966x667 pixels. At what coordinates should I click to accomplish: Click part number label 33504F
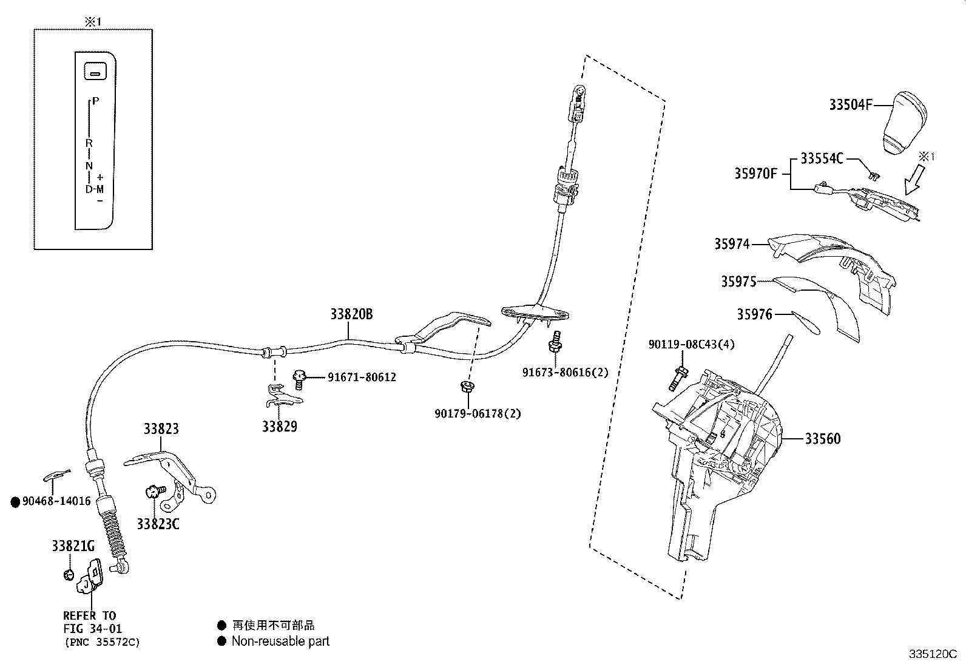pyautogui.click(x=850, y=105)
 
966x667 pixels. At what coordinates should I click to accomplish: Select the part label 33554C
pyautogui.click(x=822, y=158)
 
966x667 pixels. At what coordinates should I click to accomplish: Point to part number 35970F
pyautogui.click(x=755, y=174)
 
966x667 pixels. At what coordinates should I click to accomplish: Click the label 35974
pyautogui.click(x=731, y=244)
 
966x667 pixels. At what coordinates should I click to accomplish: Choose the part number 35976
pyautogui.click(x=754, y=314)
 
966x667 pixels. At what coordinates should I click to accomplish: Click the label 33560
pyautogui.click(x=823, y=438)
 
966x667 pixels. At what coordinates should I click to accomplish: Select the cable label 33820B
pyautogui.click(x=351, y=314)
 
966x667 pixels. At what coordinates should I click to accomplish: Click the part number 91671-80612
pyautogui.click(x=362, y=377)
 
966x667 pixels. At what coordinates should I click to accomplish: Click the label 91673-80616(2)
pyautogui.click(x=565, y=373)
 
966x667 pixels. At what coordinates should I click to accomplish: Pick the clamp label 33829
pyautogui.click(x=280, y=426)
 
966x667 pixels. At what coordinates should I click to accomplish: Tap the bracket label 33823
pyautogui.click(x=161, y=428)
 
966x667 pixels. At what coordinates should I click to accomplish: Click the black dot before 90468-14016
pyautogui.click(x=15, y=501)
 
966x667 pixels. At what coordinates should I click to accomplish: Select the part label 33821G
pyautogui.click(x=73, y=546)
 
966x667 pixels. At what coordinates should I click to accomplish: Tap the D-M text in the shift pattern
pyautogui.click(x=94, y=189)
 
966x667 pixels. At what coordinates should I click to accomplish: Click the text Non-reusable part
pyautogui.click(x=280, y=641)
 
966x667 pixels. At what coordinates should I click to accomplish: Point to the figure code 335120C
pyautogui.click(x=932, y=654)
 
